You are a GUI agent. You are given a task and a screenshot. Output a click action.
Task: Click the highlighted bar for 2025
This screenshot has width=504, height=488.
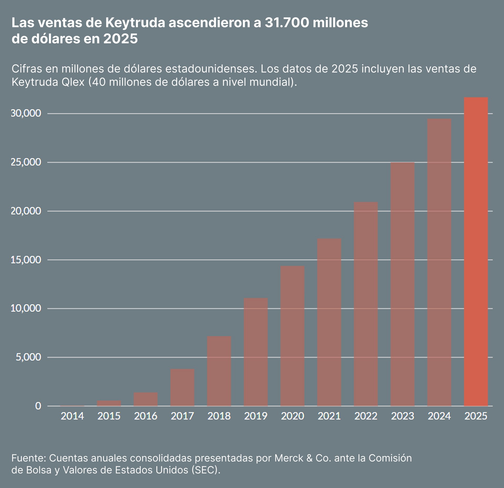pyautogui.click(x=476, y=252)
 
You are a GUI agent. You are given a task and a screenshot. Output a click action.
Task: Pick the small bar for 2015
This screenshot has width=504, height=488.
pyautogui.click(x=109, y=403)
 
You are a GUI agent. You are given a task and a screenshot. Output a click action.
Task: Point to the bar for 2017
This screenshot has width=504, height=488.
pyautogui.click(x=182, y=388)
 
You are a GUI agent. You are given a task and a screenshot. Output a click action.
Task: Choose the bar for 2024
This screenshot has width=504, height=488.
pyautogui.click(x=439, y=262)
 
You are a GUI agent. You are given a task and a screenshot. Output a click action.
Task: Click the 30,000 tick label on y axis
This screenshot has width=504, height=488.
pyautogui.click(x=26, y=113)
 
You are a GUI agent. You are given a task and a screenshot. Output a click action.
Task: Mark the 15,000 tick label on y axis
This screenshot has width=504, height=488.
pyautogui.click(x=26, y=260)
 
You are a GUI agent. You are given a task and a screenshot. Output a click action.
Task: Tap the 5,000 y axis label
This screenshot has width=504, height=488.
pyautogui.click(x=28, y=357)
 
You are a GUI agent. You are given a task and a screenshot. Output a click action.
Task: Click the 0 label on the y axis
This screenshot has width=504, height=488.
pyautogui.click(x=38, y=406)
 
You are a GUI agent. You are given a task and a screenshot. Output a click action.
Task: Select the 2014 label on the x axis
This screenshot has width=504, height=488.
pyautogui.click(x=72, y=416)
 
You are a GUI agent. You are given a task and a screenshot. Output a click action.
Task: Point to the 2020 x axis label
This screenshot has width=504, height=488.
pyautogui.click(x=292, y=416)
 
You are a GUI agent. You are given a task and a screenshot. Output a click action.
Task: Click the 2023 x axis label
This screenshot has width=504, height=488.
pyautogui.click(x=402, y=416)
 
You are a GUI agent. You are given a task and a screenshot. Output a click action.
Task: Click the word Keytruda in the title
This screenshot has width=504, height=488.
pyautogui.click(x=135, y=23)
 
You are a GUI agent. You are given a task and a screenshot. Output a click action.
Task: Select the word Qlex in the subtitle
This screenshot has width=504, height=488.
pyautogui.click(x=73, y=82)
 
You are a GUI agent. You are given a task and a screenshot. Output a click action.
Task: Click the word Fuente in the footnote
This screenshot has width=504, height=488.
pyautogui.click(x=29, y=458)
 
